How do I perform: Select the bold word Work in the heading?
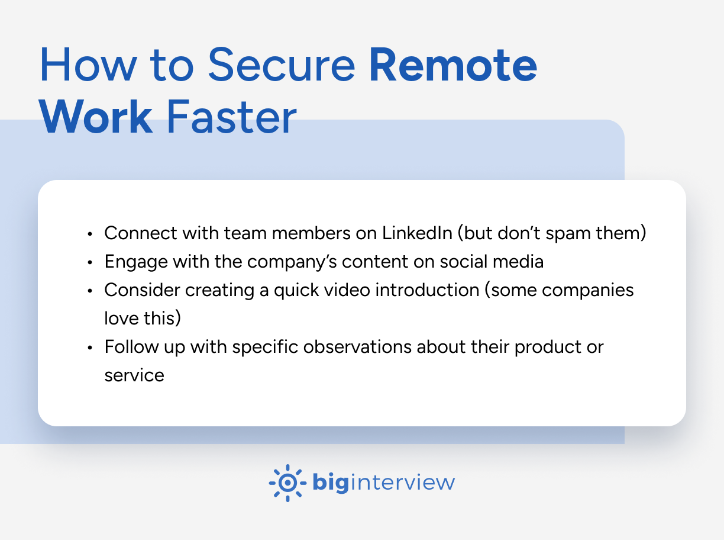click(x=97, y=117)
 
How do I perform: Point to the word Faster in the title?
click(x=231, y=117)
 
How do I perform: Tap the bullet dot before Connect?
click(x=89, y=234)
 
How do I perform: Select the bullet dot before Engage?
click(x=89, y=263)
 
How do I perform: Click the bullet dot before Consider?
click(x=89, y=291)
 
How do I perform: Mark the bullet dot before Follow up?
click(x=89, y=348)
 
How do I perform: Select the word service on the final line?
click(x=134, y=375)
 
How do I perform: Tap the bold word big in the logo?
click(x=329, y=483)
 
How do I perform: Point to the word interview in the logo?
click(x=403, y=483)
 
